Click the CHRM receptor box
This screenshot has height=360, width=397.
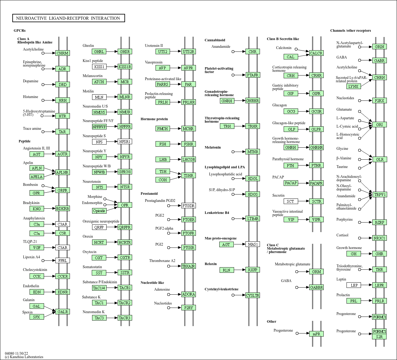click(62, 53)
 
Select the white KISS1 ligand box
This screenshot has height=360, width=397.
click(99, 67)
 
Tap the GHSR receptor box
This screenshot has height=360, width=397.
click(125, 51)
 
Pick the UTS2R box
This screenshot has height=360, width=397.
click(188, 51)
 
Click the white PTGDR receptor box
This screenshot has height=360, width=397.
click(188, 206)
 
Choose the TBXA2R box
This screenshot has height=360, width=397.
click(188, 266)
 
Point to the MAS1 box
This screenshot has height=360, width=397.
click(253, 244)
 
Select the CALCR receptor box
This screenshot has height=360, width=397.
click(316, 53)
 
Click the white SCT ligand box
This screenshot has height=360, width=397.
click(290, 201)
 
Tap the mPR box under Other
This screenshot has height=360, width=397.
click(316, 334)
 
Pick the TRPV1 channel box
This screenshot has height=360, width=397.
click(380, 194)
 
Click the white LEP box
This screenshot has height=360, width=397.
click(354, 285)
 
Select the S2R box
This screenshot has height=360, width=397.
click(379, 337)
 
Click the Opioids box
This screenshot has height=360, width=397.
click(99, 211)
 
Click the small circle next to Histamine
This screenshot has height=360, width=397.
click(43, 100)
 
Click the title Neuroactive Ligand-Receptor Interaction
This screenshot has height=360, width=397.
click(68, 18)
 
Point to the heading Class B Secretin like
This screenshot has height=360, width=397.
click(283, 39)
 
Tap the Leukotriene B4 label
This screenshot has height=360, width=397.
click(217, 213)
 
